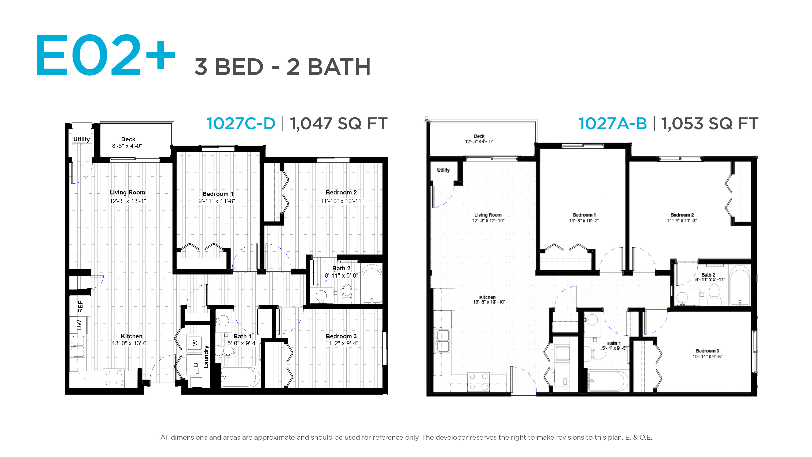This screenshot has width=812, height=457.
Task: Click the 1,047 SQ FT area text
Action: (339, 124)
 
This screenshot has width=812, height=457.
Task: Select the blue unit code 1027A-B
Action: (612, 124)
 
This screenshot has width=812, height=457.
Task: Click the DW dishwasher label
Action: (79, 325)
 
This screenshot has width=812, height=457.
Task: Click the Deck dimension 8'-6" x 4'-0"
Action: (127, 146)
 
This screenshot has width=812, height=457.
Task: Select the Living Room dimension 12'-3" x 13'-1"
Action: (128, 201)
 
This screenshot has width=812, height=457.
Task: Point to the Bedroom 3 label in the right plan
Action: (707, 351)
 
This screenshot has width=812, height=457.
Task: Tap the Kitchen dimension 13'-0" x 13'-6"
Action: (130, 343)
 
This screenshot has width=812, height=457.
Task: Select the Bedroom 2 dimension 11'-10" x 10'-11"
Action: (342, 201)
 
